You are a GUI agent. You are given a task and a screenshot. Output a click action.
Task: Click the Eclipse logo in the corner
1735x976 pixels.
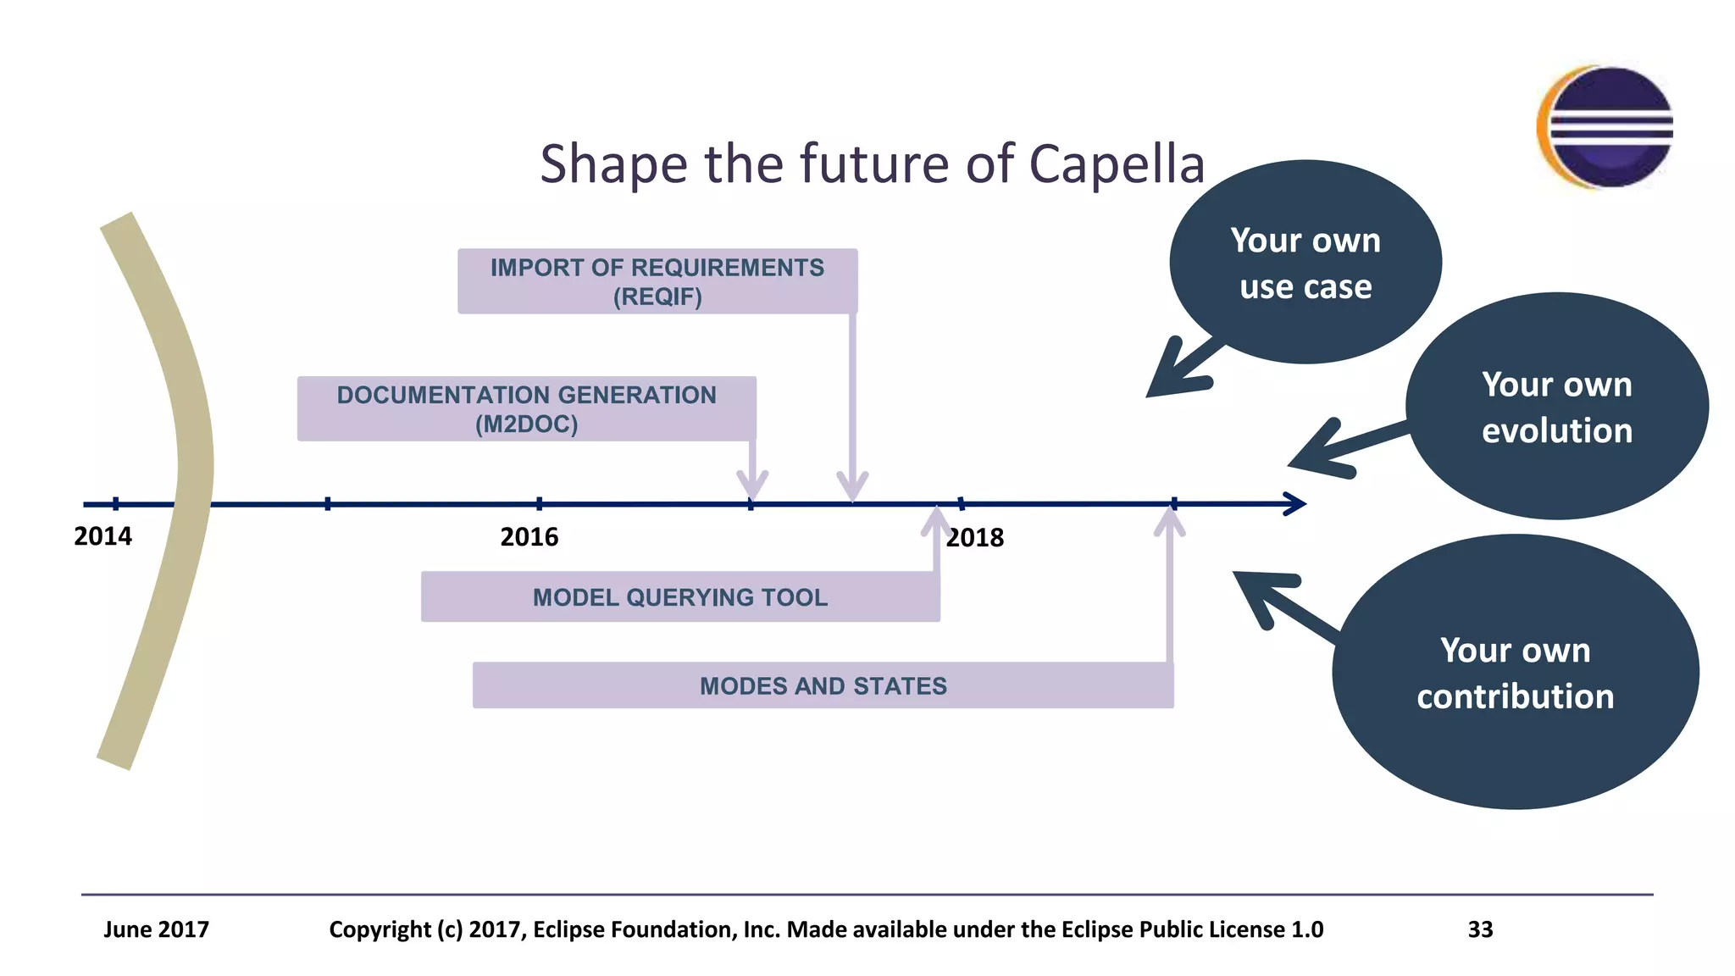tap(1605, 127)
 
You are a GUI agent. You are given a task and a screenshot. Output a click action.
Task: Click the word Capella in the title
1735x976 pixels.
tap(1116, 164)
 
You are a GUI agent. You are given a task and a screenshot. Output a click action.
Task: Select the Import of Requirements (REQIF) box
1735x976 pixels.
tap(657, 281)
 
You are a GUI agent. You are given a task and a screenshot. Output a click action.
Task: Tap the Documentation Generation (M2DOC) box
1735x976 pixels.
tap(526, 408)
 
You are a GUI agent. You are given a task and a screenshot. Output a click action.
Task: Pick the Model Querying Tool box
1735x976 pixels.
tap(679, 597)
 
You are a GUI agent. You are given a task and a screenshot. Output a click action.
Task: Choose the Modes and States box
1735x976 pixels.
tap(823, 685)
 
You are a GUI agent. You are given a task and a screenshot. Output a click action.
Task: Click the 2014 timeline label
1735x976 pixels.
tap(103, 536)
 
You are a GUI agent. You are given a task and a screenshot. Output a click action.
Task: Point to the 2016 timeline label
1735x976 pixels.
tap(529, 537)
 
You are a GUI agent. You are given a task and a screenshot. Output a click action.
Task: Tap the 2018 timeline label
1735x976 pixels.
tap(974, 538)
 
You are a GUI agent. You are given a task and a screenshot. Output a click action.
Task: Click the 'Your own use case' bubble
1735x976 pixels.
tap(1305, 263)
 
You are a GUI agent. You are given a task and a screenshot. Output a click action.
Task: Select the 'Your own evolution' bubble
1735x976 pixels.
tap(1556, 407)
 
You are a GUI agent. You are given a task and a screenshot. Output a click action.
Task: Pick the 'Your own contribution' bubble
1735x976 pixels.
tap(1515, 673)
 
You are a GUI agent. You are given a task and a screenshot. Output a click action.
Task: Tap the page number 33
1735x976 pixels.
tap(1480, 929)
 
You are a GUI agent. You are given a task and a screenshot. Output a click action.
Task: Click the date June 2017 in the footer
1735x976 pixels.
tap(156, 929)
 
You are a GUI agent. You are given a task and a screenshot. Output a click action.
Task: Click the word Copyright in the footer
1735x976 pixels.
tap(380, 929)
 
